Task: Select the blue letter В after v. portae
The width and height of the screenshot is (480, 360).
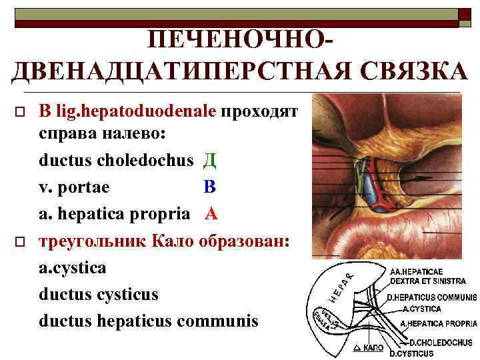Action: click(210, 188)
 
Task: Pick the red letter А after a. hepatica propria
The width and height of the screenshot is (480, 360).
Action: click(211, 215)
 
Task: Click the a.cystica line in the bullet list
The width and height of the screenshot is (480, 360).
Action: click(72, 267)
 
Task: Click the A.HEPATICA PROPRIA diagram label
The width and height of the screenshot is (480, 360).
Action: click(438, 325)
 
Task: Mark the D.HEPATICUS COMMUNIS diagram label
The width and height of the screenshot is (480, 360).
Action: click(432, 297)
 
